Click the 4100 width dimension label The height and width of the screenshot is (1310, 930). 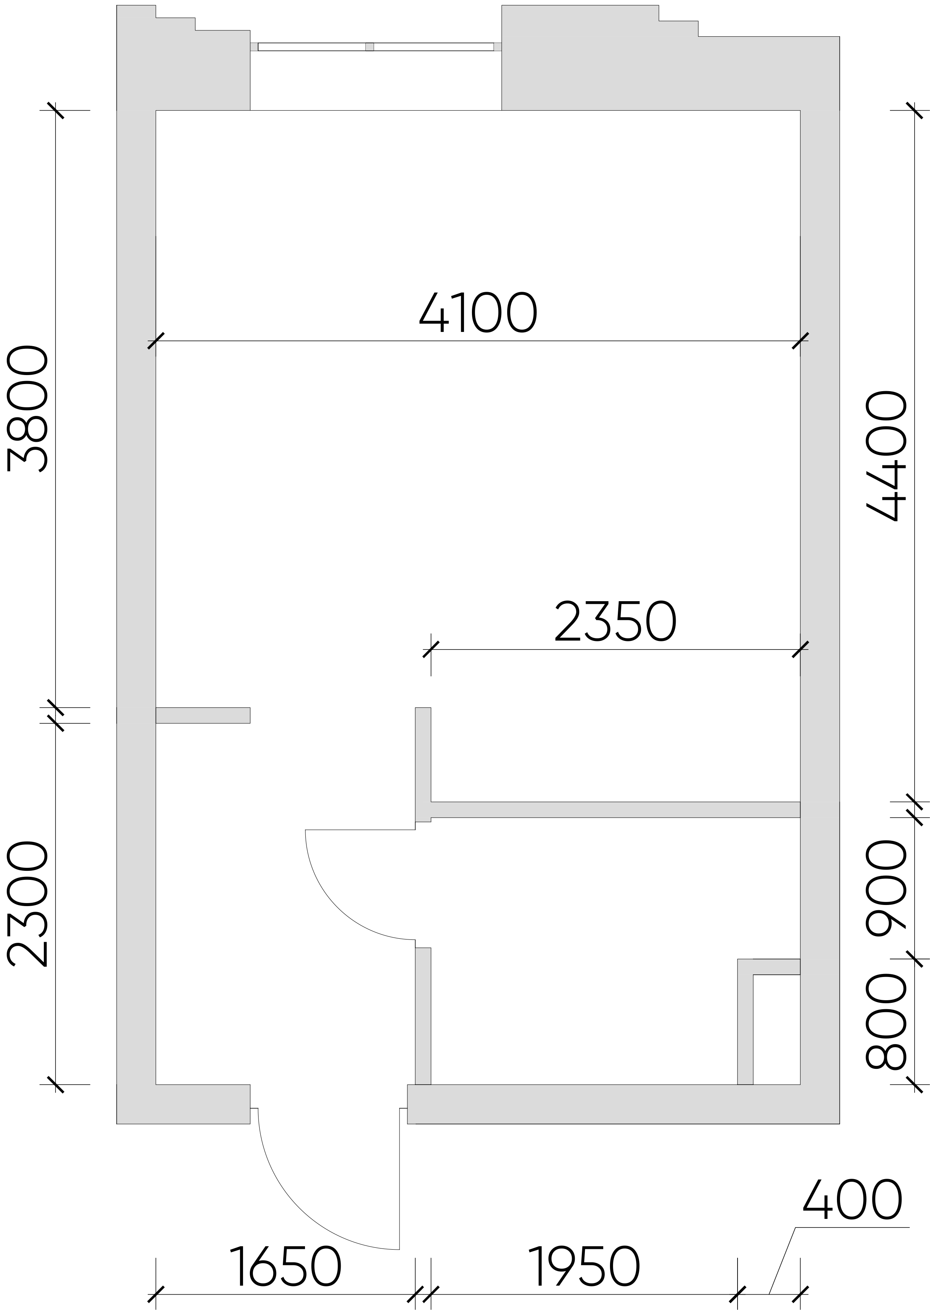(478, 313)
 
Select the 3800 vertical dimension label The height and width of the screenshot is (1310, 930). (27, 409)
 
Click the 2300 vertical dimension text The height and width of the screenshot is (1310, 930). (27, 904)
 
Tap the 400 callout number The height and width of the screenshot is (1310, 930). (852, 1198)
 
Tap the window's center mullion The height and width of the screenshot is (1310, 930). (370, 47)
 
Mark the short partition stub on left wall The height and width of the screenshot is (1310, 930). (203, 715)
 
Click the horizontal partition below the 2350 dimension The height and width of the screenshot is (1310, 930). (615, 809)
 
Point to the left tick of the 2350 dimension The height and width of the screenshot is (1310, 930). (431, 649)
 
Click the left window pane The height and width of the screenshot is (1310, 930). (311, 47)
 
